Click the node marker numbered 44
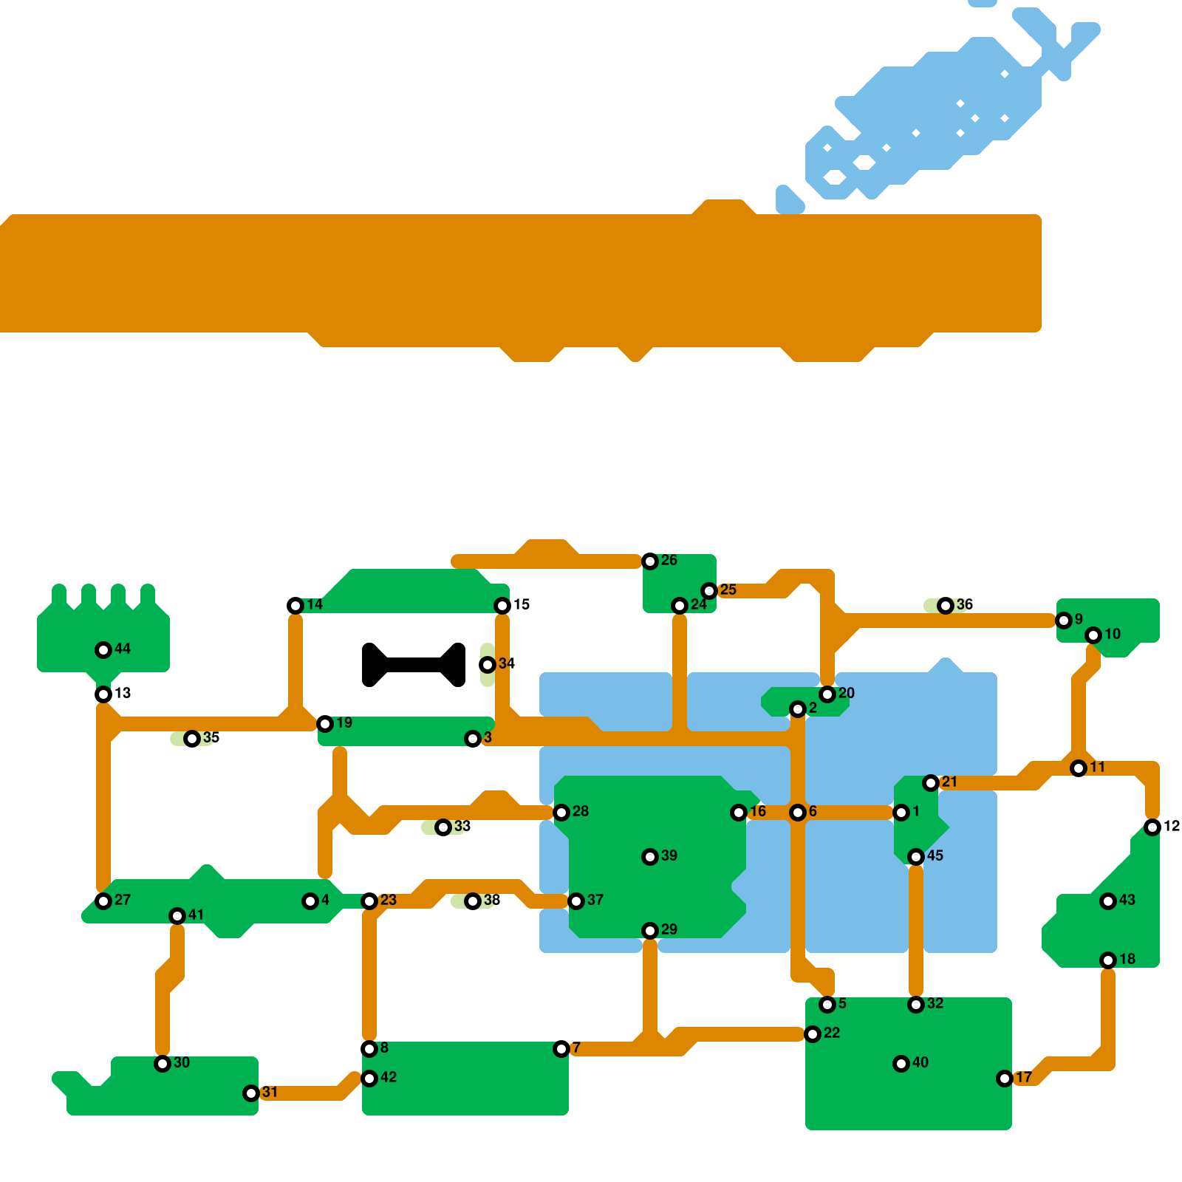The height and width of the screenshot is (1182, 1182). (103, 650)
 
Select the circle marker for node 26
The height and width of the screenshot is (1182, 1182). (650, 561)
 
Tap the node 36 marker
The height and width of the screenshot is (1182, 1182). (946, 606)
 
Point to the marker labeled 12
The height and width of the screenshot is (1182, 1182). (1152, 827)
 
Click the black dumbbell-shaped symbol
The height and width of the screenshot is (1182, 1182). (414, 665)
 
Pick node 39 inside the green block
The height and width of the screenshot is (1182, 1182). (650, 857)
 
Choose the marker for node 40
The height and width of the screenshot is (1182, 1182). (901, 1064)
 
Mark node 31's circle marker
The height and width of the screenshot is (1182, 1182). (251, 1093)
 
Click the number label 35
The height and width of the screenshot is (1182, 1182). (211, 737)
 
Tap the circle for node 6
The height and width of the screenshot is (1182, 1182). (798, 813)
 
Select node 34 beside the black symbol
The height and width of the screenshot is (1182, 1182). (488, 665)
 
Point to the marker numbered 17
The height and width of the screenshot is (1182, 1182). (1005, 1079)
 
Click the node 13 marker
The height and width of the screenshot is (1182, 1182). (103, 694)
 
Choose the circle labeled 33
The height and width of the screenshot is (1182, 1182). (443, 827)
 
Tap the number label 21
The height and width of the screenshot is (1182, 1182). (950, 782)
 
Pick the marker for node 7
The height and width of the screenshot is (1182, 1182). (561, 1049)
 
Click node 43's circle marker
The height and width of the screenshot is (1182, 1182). (1108, 901)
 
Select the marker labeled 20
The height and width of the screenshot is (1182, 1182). (827, 694)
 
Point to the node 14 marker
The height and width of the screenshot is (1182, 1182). (295, 606)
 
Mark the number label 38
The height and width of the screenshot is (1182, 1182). (492, 900)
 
